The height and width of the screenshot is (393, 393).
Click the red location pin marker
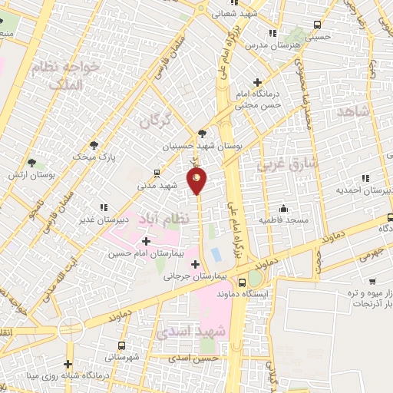(197, 181)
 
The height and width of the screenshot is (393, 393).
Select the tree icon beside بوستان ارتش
(31, 163)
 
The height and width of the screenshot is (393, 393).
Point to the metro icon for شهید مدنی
(157, 173)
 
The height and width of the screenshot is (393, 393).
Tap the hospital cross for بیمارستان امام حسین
(147, 241)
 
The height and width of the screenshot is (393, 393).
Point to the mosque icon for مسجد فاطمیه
(283, 209)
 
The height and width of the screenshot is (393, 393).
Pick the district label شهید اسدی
(190, 333)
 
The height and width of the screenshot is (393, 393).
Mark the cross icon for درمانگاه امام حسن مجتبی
(257, 82)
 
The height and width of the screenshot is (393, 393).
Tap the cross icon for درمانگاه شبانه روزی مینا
(68, 364)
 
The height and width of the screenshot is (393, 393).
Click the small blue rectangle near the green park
(216, 253)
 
